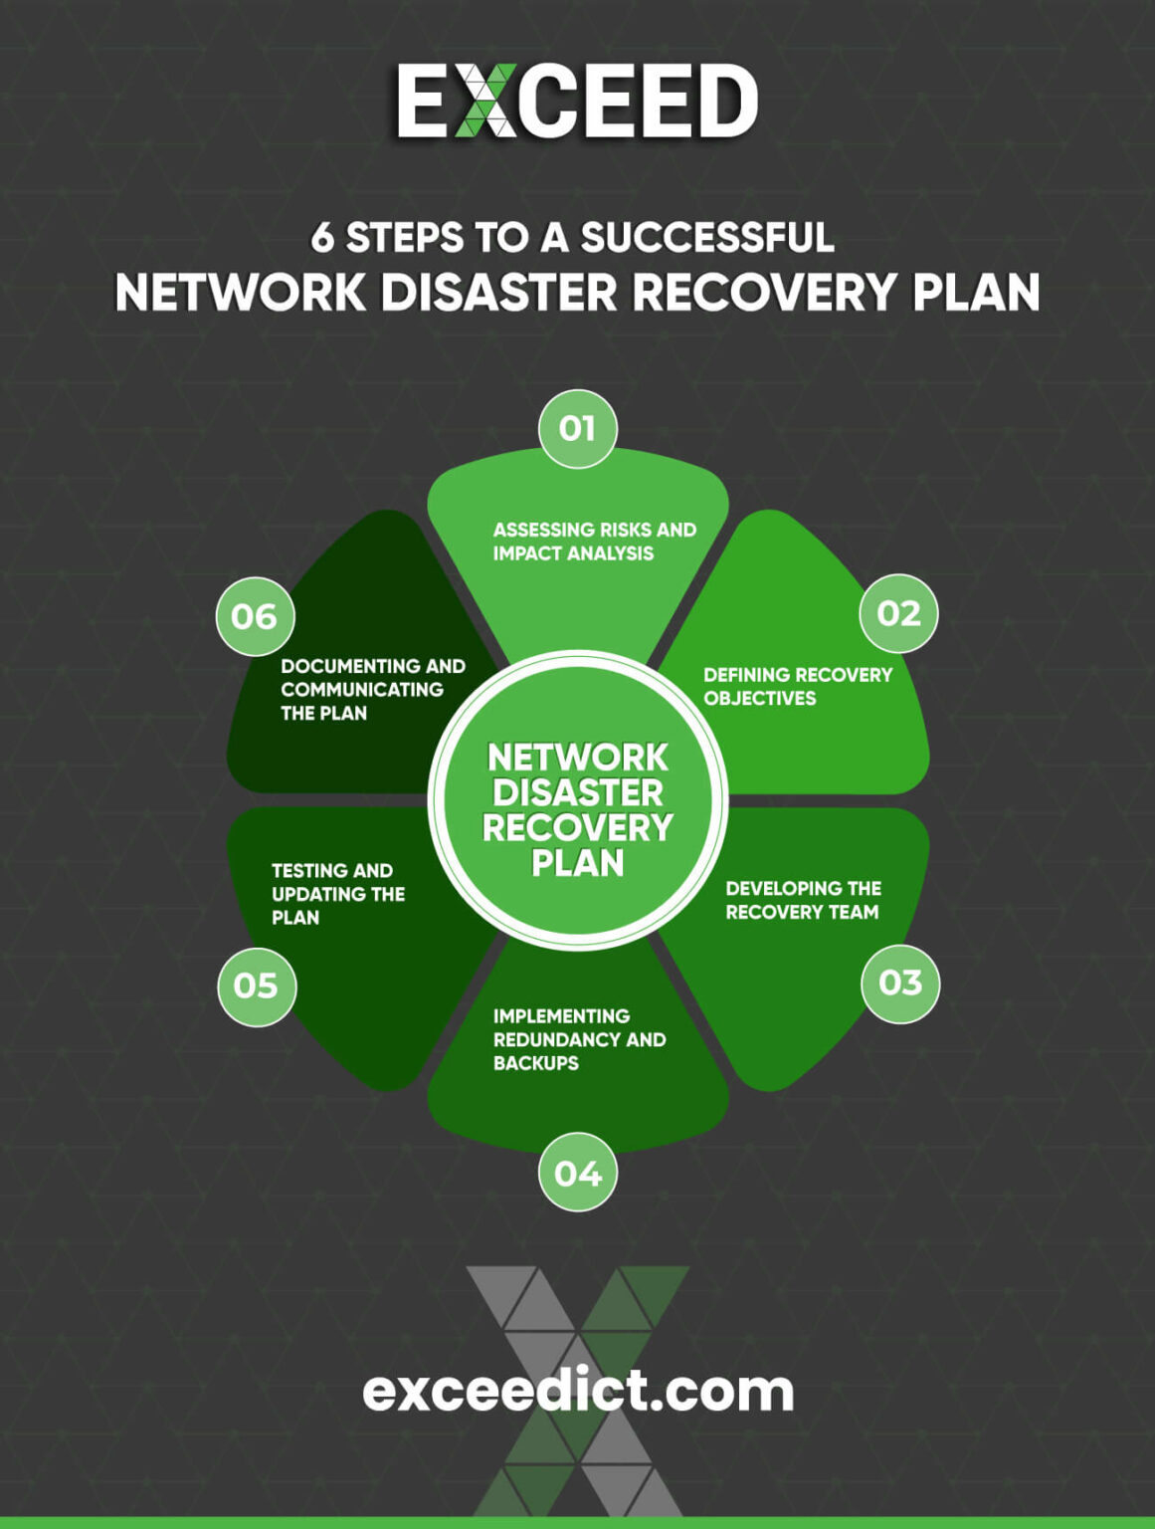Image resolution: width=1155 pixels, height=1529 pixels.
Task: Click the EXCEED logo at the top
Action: point(577,101)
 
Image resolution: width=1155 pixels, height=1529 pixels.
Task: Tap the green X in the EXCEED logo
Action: point(485,101)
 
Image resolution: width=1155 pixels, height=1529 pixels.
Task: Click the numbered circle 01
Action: point(578,429)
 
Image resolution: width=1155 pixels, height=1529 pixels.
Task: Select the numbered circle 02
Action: point(898,613)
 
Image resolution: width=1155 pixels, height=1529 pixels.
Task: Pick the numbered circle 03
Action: point(900,983)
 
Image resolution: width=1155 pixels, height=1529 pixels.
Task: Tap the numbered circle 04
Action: point(578,1173)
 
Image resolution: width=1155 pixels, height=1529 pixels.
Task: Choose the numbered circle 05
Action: point(257,986)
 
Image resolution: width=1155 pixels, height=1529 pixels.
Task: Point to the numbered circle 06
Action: point(255,617)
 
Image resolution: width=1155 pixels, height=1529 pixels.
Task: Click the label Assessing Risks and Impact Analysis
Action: point(594,542)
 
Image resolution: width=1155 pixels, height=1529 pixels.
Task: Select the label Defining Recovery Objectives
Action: point(797,687)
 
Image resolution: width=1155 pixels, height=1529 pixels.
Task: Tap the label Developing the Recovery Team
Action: point(803,900)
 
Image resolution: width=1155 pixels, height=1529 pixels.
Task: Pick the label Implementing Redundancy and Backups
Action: point(579,1039)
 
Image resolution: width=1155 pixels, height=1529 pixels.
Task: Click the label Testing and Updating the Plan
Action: point(337,894)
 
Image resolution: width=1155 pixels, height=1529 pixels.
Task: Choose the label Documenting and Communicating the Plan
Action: point(372,690)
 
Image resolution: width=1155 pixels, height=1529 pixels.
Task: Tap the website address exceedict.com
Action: point(577,1391)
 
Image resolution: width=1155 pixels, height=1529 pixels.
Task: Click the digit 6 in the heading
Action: point(322,238)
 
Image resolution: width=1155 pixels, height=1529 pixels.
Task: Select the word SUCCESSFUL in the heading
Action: point(706,238)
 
